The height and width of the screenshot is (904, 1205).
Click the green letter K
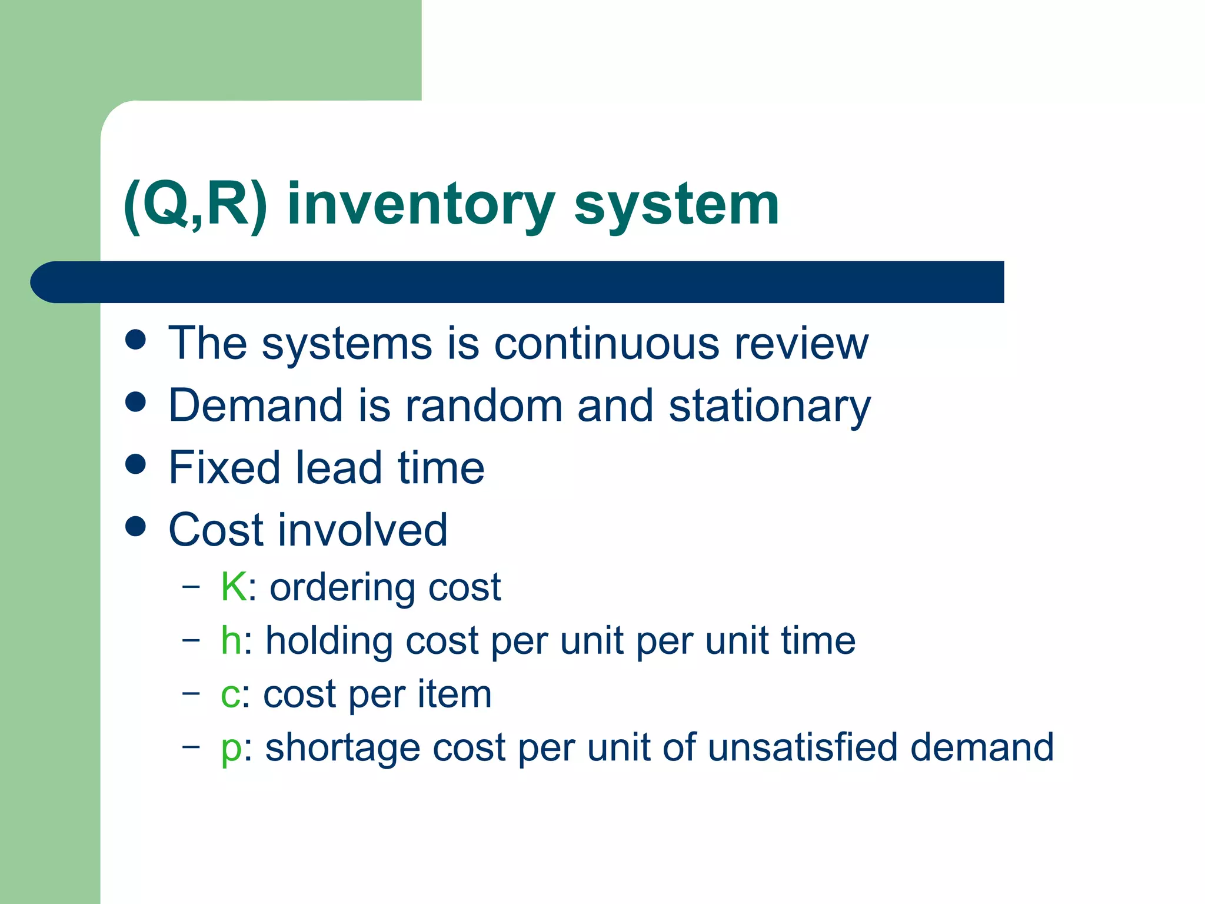[x=233, y=587]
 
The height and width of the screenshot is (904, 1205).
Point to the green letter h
[x=231, y=640]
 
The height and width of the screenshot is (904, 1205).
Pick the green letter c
[x=230, y=694]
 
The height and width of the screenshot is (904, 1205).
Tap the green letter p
[x=231, y=749]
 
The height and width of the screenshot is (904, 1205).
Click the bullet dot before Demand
[x=136, y=402]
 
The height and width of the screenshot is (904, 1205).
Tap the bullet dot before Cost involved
[x=136, y=526]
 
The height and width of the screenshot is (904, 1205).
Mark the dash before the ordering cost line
[x=191, y=587]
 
